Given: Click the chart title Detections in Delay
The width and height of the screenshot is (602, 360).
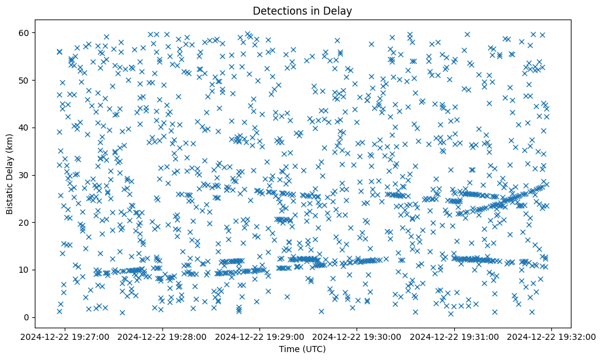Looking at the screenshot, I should click(302, 11).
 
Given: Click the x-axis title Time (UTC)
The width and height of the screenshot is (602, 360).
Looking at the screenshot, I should click(302, 349).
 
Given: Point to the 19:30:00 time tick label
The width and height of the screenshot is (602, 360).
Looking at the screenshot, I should click(358, 336).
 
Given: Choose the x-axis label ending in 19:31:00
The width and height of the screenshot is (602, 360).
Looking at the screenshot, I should click(455, 336).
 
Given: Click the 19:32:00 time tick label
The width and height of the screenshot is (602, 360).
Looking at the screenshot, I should click(552, 336).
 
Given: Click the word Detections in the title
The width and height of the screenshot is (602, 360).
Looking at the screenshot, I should click(278, 11).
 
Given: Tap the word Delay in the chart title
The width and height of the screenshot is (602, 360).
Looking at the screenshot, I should click(339, 11).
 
